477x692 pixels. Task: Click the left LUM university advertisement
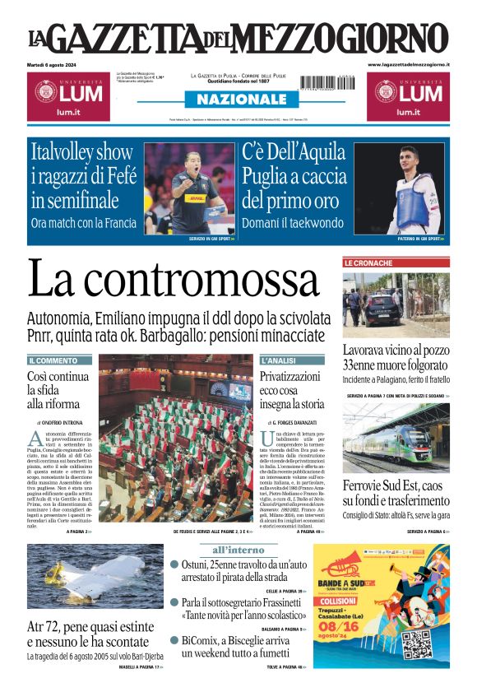[68, 96]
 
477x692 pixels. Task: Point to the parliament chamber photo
[175, 439]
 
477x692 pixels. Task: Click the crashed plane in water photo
[95, 576]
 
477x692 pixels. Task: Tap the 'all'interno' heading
[238, 549]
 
